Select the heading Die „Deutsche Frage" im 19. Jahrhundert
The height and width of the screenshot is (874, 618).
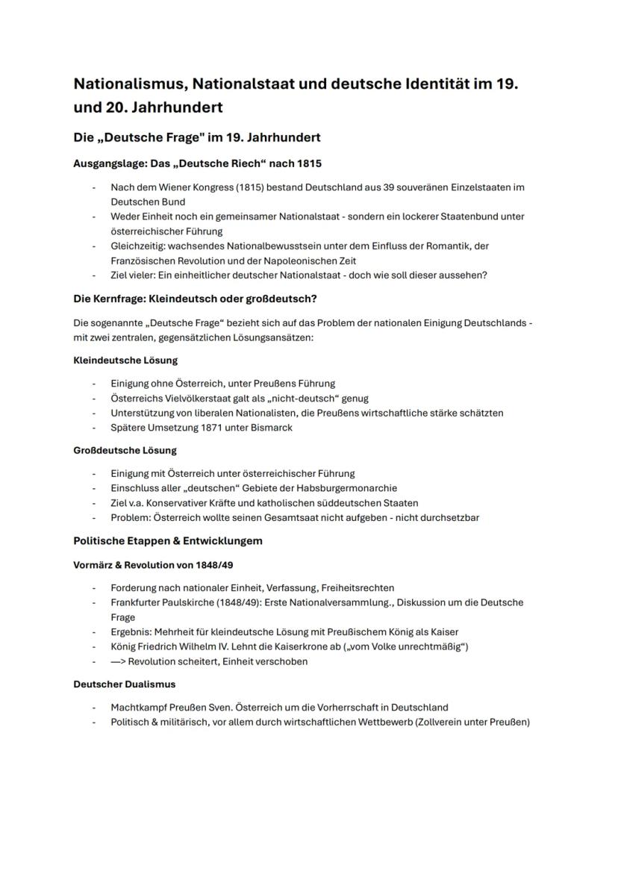click(197, 137)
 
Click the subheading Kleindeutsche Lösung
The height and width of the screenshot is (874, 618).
click(125, 360)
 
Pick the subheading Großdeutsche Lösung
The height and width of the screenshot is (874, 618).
click(125, 450)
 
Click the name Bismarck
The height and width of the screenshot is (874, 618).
click(271, 428)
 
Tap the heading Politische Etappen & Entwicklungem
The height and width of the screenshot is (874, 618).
click(168, 540)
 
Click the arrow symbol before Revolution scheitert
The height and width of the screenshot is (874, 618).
click(118, 661)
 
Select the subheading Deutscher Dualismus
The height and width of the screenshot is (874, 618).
click(125, 684)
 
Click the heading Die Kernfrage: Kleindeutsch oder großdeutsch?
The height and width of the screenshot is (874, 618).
click(195, 299)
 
